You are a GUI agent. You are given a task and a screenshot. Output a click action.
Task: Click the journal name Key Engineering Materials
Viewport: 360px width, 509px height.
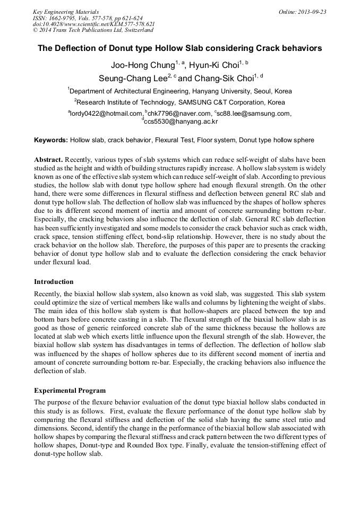click(65, 12)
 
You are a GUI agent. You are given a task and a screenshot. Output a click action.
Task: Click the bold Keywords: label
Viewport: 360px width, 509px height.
click(51, 140)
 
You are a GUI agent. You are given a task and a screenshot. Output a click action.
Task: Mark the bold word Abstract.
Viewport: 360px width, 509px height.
click(49, 160)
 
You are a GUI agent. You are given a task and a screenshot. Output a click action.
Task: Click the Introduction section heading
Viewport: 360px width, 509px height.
click(54, 281)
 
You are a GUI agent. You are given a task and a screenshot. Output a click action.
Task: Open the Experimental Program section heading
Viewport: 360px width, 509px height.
click(70, 390)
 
